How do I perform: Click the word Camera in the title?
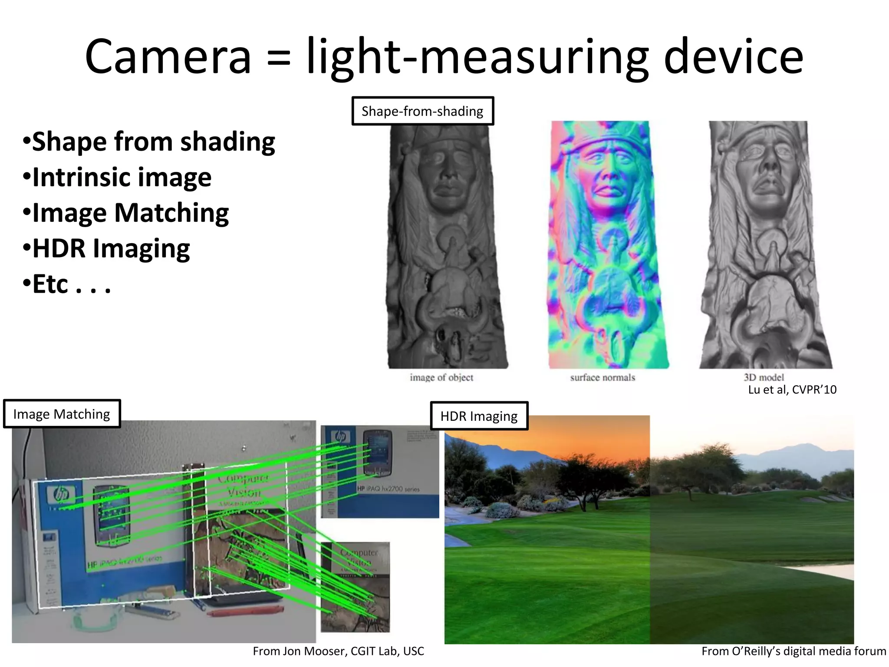click(x=168, y=57)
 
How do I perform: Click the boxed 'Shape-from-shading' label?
click(x=422, y=111)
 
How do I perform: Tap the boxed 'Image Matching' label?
click(x=62, y=414)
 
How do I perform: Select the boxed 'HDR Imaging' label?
click(x=479, y=416)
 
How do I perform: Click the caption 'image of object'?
click(x=441, y=377)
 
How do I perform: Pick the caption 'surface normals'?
click(x=603, y=377)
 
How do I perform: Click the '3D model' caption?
click(x=764, y=377)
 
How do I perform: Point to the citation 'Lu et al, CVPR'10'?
click(x=792, y=390)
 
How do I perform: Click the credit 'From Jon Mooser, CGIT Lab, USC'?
click(x=338, y=651)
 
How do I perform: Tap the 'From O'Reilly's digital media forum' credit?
click(x=794, y=651)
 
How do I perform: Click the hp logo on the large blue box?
click(x=61, y=494)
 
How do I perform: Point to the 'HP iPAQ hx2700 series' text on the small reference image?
click(x=388, y=489)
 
